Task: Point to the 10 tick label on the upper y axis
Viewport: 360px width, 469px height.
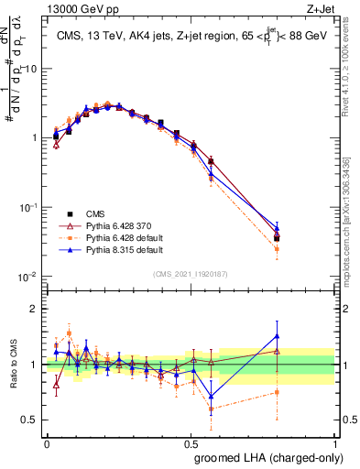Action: click(31, 70)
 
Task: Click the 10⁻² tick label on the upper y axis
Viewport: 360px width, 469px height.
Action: click(29, 277)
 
